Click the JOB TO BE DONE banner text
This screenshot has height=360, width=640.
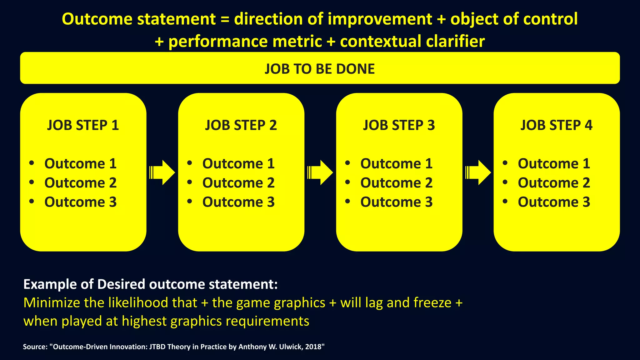320,69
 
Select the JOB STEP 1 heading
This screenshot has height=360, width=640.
83,125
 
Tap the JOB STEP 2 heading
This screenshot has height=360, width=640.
241,125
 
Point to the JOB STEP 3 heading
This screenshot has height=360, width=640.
399,125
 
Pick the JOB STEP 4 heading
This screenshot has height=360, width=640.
556,125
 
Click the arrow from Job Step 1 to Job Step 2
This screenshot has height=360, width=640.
162,172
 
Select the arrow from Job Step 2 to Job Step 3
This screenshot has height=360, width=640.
320,172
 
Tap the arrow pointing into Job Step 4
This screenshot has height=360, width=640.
478,172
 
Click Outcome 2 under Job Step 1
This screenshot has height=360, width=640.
80,183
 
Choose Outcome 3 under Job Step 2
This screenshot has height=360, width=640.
238,202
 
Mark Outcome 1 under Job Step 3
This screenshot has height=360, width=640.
396,164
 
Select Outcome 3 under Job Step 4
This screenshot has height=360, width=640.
554,202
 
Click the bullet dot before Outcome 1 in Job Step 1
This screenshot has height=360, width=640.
31,163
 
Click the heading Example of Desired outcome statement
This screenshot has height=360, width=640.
150,284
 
